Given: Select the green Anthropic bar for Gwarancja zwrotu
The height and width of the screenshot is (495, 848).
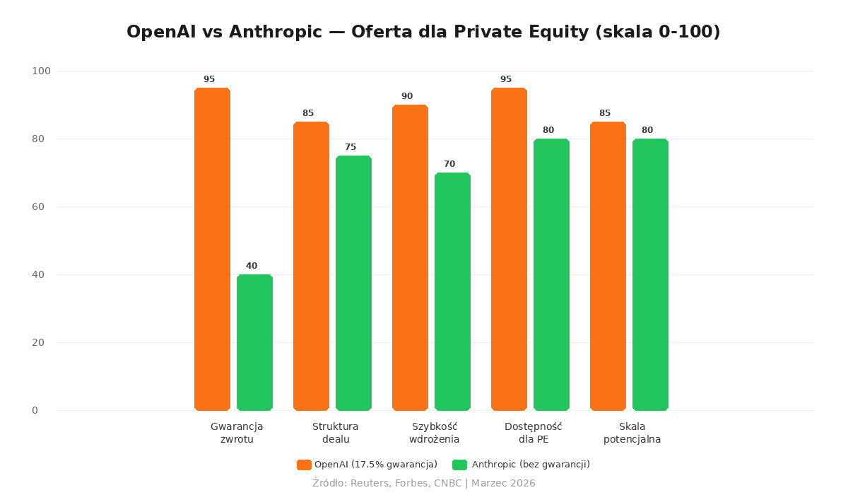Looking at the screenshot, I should [254, 342].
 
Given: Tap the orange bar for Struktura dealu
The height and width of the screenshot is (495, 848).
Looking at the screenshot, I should [311, 266].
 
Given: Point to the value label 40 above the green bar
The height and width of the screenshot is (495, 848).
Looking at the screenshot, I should [252, 266].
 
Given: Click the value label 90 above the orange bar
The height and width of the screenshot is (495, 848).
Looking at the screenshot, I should [407, 96].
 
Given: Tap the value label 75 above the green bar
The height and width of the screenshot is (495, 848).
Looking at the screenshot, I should [351, 147].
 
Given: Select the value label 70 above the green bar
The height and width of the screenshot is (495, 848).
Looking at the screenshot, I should [449, 164].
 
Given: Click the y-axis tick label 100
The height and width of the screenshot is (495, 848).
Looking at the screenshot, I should [41, 71].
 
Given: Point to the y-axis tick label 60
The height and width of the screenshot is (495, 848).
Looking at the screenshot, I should [38, 206].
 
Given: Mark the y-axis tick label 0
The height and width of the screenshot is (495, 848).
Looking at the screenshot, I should [35, 410].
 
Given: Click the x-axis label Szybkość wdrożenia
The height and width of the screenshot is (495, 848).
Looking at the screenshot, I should [435, 433].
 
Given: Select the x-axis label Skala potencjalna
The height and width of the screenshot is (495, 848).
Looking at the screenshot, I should [632, 433].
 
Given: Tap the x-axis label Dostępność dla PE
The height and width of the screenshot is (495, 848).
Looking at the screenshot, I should [533, 433].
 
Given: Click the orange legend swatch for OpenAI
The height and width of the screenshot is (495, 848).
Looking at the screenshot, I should [304, 465].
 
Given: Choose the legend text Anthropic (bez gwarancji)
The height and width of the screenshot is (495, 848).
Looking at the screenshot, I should [531, 465].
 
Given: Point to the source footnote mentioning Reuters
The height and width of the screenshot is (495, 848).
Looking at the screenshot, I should [424, 483].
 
